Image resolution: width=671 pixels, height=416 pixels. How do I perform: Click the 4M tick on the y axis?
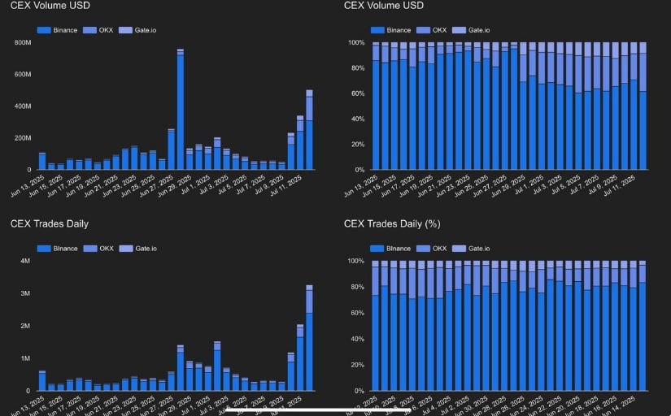point(24,262)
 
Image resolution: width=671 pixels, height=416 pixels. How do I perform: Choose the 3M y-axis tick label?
point(24,293)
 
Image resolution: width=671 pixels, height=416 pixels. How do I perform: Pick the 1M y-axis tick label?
point(24,358)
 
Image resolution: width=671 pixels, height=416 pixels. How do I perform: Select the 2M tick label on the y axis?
point(24,326)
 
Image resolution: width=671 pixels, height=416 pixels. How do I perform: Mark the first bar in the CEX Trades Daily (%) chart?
point(375,325)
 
